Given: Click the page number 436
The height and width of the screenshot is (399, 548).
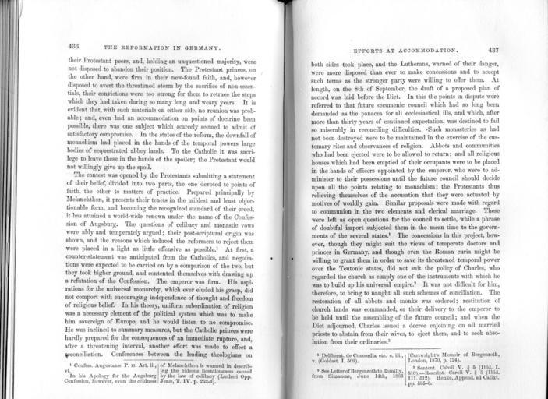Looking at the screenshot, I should pyautogui.click(x=78, y=45).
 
